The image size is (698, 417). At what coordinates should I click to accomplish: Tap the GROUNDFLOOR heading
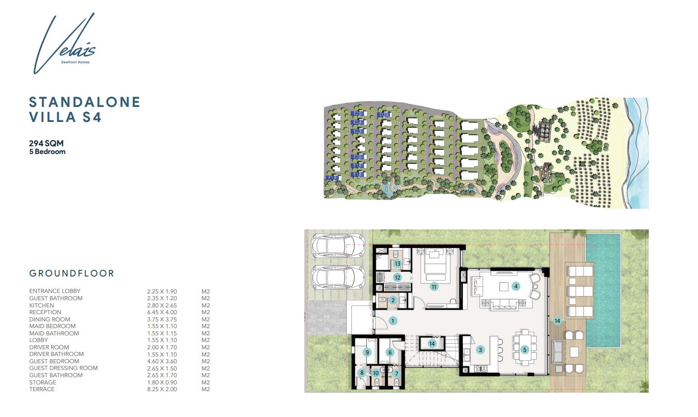tap(72, 273)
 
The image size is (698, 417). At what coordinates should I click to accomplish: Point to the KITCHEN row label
tap(42, 305)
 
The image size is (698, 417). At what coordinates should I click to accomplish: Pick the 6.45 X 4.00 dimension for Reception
tap(162, 312)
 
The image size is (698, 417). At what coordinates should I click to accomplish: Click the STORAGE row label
tap(43, 382)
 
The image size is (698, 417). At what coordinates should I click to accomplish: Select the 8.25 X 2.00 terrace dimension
tap(162, 389)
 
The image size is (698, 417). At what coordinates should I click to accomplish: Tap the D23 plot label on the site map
tap(384, 115)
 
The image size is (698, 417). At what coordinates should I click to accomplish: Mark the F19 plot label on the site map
tap(332, 178)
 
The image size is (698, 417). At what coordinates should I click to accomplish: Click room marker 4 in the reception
tap(515, 286)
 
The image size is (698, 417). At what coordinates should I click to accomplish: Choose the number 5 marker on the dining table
tap(525, 350)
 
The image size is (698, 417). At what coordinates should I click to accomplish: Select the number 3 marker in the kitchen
tap(480, 350)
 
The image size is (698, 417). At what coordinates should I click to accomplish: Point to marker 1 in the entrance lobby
tap(393, 321)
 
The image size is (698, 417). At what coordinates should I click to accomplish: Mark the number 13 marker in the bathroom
tap(397, 264)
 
